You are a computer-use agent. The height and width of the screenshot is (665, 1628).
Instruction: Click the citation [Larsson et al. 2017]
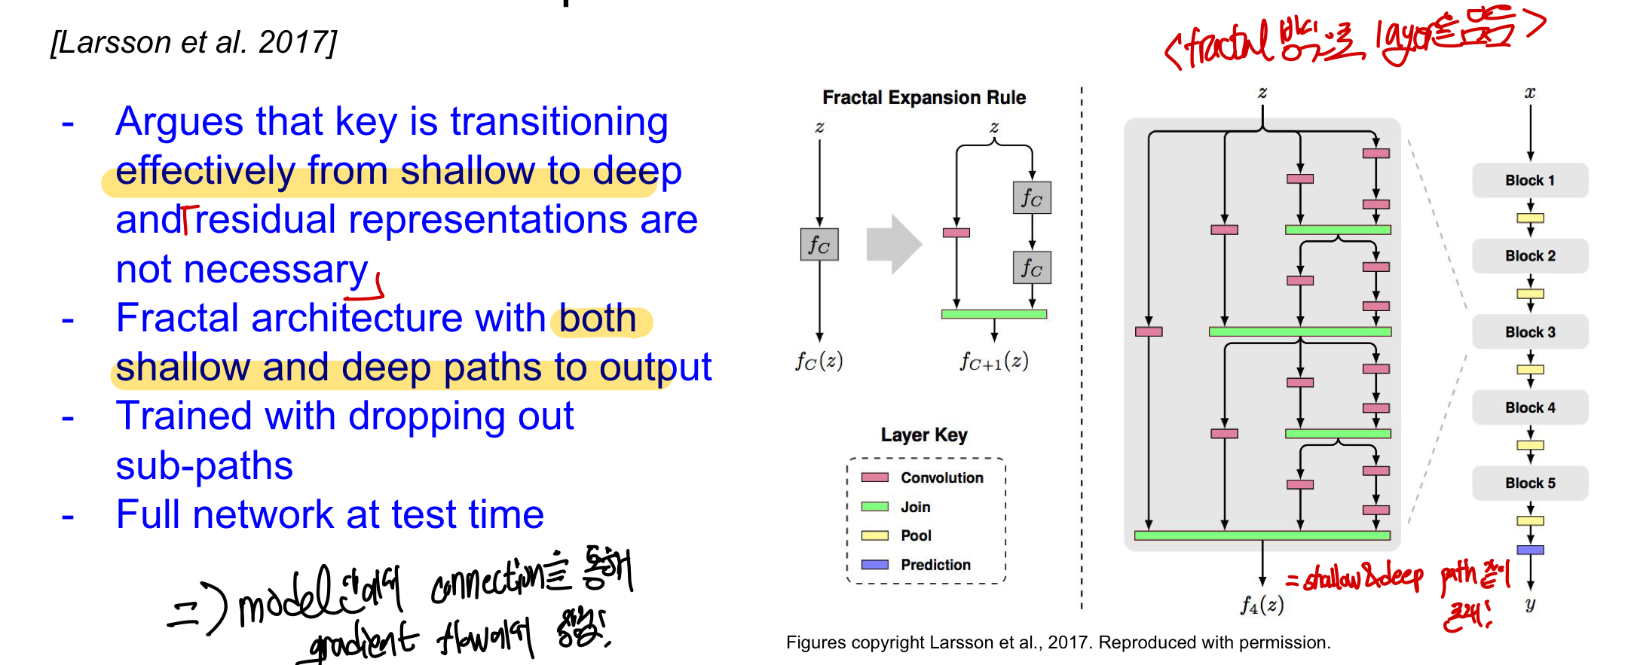193,43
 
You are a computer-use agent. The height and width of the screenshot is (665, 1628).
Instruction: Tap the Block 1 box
1529,181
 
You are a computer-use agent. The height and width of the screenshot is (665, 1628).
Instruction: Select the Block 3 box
1529,332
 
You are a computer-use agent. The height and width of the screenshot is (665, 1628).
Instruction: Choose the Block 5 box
1529,483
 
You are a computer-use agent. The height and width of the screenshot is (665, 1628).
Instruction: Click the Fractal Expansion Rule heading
923,98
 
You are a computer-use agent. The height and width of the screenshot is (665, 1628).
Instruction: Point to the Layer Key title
923,435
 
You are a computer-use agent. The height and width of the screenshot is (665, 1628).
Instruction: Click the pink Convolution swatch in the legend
874,477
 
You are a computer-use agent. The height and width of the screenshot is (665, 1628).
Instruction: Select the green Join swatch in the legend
874,507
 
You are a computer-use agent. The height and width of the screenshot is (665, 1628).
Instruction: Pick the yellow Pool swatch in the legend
874,535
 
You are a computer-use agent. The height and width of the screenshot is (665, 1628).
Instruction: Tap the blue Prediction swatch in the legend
874,565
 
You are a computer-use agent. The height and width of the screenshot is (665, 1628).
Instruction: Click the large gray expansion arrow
894,244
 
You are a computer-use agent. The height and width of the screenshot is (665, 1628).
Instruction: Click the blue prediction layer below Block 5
1530,550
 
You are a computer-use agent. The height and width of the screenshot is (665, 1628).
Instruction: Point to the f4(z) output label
1262,605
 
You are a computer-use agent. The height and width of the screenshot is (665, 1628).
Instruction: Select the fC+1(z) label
993,362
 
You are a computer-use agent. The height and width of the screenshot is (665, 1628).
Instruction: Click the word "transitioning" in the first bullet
558,122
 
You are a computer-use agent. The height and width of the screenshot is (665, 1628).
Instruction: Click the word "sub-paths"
203,466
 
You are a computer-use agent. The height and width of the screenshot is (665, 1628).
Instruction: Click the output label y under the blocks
1530,604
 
